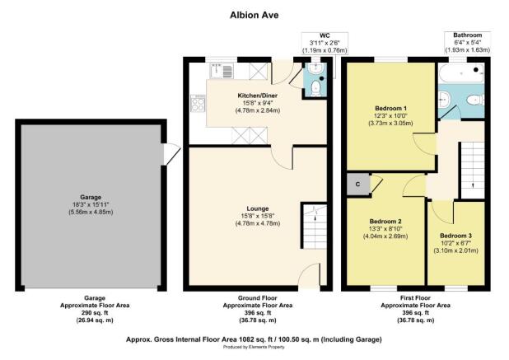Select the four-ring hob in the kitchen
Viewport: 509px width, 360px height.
[198, 103]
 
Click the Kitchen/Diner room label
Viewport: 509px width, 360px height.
[254, 96]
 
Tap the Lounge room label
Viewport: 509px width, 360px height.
[254, 208]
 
